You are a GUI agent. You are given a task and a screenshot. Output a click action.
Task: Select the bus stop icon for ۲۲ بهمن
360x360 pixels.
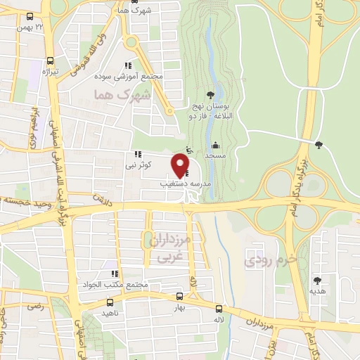pyautogui.click(x=29, y=15)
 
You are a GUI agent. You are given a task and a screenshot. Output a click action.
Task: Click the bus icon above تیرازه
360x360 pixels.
pyautogui.click(x=49, y=60)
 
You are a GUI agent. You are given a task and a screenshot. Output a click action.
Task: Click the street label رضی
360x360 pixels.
pyautogui.click(x=33, y=307)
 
